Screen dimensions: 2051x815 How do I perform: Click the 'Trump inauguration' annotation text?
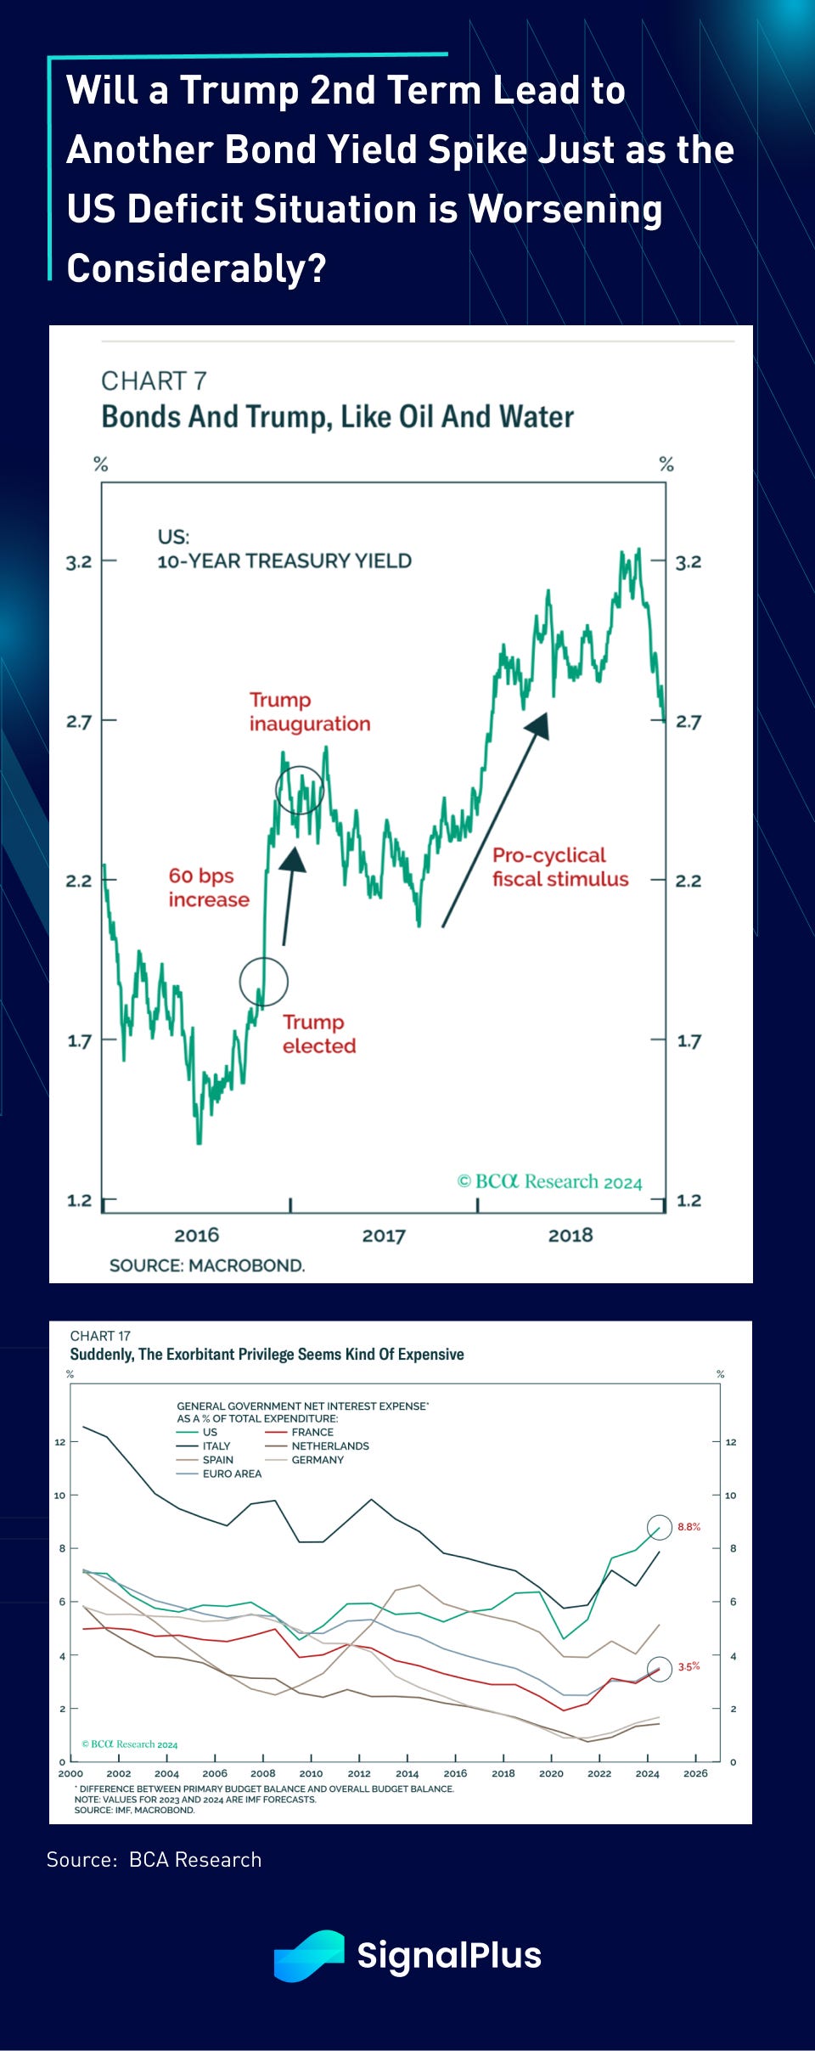pos(310,712)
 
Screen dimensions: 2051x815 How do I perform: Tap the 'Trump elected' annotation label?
pos(318,1034)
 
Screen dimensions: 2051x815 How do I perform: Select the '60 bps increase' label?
pos(209,887)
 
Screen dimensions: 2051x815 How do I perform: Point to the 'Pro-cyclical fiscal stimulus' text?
pos(560,867)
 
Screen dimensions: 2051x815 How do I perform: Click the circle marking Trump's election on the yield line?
pos(263,982)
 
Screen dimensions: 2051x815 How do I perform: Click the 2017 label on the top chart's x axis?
pos(384,1236)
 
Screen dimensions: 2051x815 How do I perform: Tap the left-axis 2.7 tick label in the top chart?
pos(79,722)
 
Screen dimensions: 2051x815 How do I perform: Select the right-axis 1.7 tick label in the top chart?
pos(689,1041)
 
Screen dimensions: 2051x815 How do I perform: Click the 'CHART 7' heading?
pos(154,381)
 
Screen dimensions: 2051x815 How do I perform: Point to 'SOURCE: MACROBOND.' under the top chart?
pos(207,1265)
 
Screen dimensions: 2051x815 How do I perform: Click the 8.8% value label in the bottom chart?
pos(689,1527)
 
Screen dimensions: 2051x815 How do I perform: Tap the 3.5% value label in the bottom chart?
pos(689,1666)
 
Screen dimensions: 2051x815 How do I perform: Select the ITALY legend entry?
pos(216,1445)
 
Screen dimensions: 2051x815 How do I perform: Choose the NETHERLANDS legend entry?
pos(329,1445)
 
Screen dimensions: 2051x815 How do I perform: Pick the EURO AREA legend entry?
pos(231,1473)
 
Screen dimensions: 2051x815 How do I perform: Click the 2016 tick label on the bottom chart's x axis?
pos(455,1773)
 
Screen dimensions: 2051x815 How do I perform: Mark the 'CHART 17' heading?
pos(100,1336)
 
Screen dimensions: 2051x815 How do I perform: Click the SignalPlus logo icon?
pos(309,1955)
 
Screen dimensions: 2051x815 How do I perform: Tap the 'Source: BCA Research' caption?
pos(154,1859)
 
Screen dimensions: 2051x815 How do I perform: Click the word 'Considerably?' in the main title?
pos(196,268)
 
